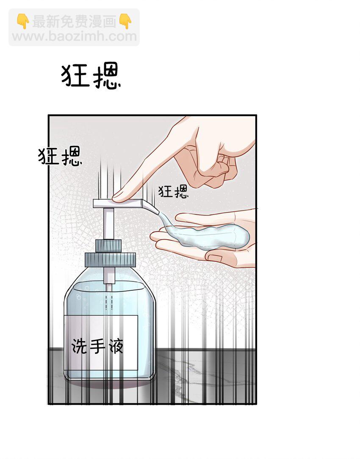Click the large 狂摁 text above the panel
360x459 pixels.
tap(91, 75)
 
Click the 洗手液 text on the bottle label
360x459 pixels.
tap(97, 346)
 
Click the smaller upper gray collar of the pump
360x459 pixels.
tap(108, 245)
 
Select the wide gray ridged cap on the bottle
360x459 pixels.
tap(110, 259)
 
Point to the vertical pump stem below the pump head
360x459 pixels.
tap(108, 223)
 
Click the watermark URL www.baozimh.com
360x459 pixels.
tap(74, 36)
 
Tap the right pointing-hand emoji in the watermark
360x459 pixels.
tap(125, 21)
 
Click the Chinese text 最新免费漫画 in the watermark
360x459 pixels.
tap(74, 22)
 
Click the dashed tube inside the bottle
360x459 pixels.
tap(108, 301)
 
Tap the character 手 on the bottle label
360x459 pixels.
tap(97, 346)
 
